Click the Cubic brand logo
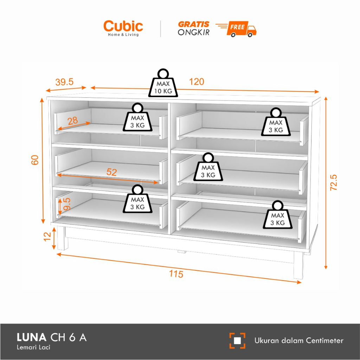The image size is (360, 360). coord(123,28)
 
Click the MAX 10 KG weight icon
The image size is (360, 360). coord(163,83)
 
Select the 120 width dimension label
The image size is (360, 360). coord(197,82)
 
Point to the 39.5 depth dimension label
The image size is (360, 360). coord(64,82)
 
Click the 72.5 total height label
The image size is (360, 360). coord(333,182)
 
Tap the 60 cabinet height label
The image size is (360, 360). coord(35,160)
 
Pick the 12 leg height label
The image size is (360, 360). coord(47,237)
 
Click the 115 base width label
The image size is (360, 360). coord(176,274)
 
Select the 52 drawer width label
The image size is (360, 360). coord(111,172)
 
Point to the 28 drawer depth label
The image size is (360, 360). coord(73,121)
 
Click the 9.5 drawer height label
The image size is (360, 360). coord(66,204)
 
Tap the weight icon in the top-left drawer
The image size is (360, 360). coord(137,117)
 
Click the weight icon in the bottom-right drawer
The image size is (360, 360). coord(278,215)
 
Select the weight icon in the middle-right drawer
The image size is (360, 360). coord(208,167)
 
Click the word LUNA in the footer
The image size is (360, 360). coord(31,337)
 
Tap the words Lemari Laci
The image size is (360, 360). coord(33,347)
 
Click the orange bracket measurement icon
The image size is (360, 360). coord(237,341)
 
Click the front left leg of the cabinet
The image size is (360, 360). coord(63,238)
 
